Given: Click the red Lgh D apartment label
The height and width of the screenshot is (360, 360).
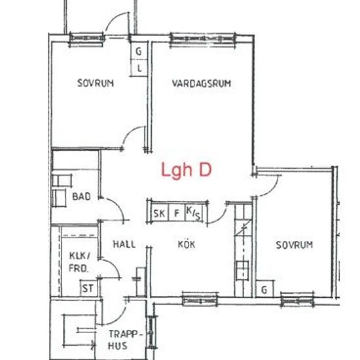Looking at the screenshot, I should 187,170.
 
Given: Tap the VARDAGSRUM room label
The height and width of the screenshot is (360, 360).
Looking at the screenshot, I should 202,84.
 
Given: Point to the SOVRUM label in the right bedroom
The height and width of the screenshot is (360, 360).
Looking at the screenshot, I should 294,245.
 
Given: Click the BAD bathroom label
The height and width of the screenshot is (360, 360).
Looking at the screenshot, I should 81,196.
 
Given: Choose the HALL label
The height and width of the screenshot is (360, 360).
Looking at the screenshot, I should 124,244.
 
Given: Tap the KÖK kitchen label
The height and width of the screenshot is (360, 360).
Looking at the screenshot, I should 187,244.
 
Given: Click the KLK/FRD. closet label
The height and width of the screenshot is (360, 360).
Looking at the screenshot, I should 79,262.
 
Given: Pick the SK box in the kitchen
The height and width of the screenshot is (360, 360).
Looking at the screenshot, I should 158,213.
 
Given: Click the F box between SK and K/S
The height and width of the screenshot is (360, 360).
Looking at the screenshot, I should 175,213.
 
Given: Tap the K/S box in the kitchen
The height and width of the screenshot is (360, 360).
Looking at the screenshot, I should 193,213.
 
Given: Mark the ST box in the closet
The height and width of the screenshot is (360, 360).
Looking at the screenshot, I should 87,288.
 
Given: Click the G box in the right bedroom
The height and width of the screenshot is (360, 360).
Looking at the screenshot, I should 265,289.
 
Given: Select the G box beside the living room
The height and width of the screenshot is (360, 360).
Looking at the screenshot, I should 139,51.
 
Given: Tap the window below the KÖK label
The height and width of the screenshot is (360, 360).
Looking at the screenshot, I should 200,298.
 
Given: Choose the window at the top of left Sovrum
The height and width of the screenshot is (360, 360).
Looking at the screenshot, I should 87,38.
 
